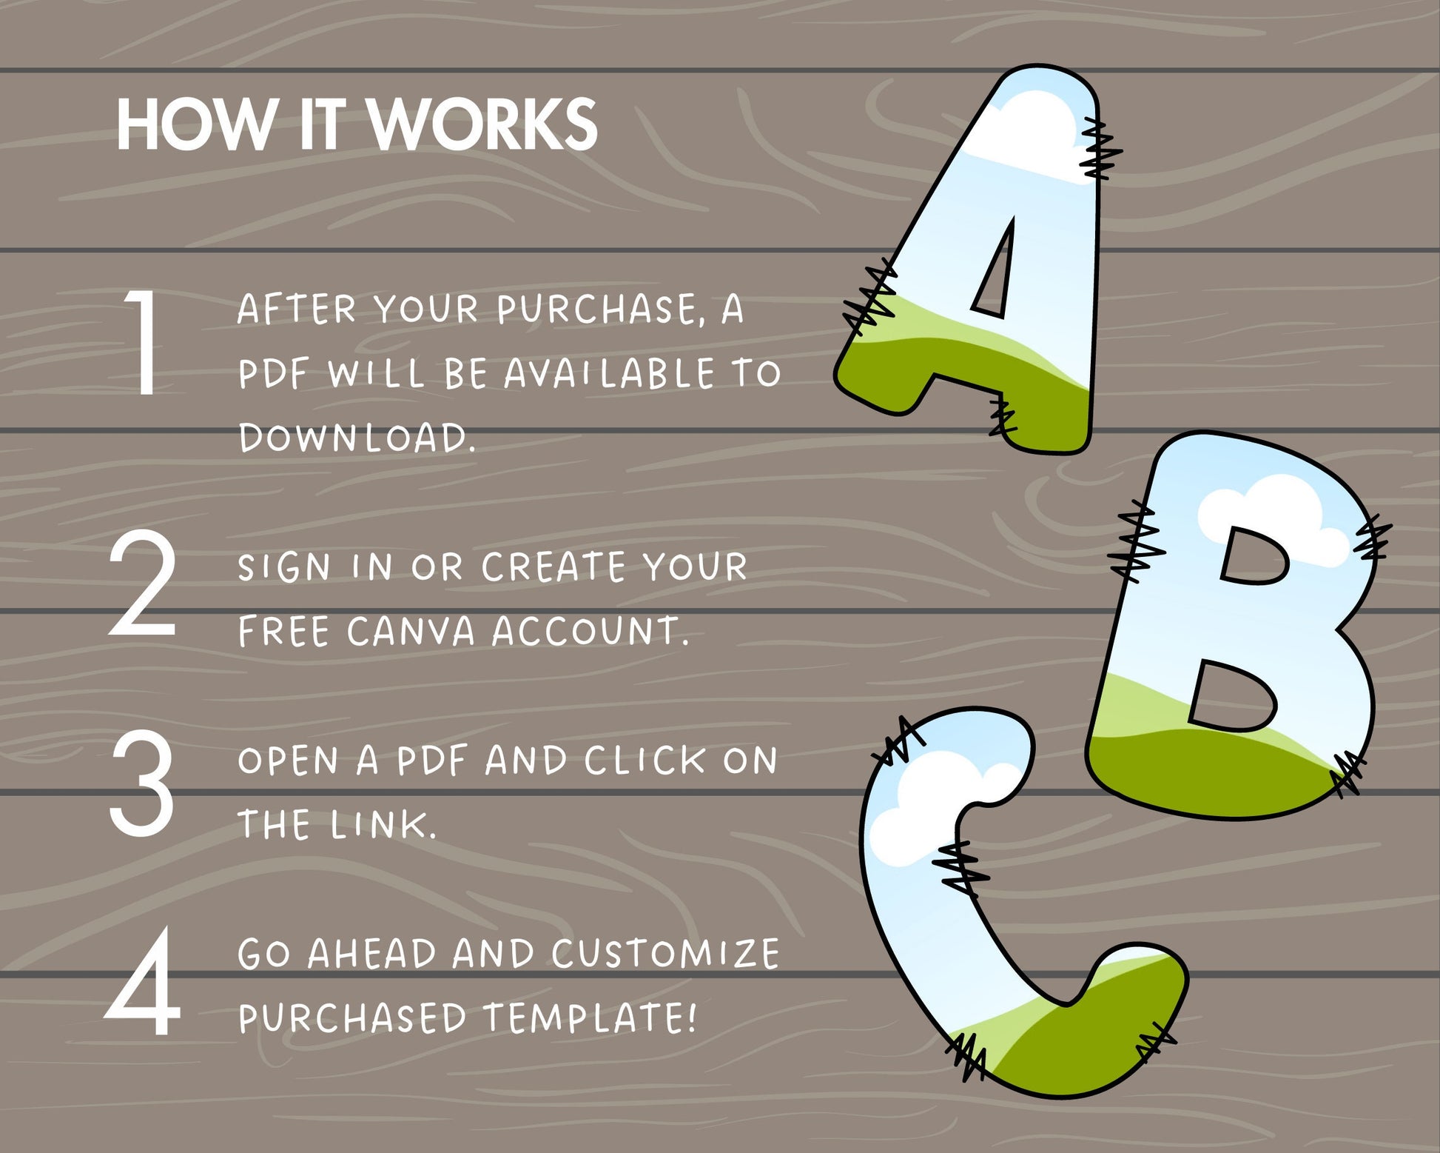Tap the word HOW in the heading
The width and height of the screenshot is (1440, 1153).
pyautogui.click(x=196, y=124)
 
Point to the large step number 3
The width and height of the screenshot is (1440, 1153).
pyautogui.click(x=142, y=783)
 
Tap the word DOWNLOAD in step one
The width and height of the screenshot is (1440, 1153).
pyautogui.click(x=357, y=438)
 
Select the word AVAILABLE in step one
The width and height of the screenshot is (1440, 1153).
pyautogui.click(x=610, y=373)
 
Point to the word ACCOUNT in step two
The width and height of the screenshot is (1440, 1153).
pyautogui.click(x=591, y=632)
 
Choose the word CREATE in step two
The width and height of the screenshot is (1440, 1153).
pyautogui.click(x=554, y=567)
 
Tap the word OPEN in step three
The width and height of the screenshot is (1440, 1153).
pyautogui.click(x=288, y=761)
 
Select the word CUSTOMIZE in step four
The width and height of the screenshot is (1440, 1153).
pyautogui.click(x=665, y=954)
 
